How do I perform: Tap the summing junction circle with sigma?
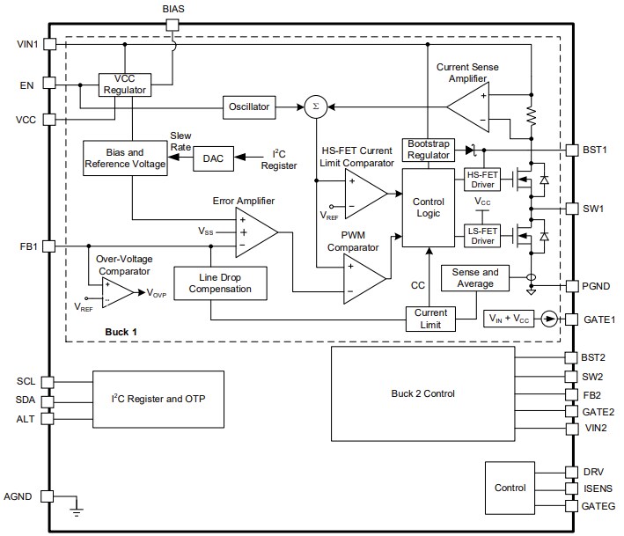tap(314, 106)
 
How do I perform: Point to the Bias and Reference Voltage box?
tap(124, 159)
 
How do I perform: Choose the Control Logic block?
tap(427, 207)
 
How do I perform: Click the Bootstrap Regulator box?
tap(427, 150)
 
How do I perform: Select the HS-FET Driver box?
tap(481, 180)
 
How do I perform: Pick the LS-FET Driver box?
tap(481, 235)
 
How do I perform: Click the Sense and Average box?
tap(475, 277)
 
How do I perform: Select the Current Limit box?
tap(431, 318)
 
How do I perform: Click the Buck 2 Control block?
tap(422, 393)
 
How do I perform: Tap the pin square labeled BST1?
tap(571, 149)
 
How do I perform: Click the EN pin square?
tap(49, 85)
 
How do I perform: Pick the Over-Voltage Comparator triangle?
tap(115, 292)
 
